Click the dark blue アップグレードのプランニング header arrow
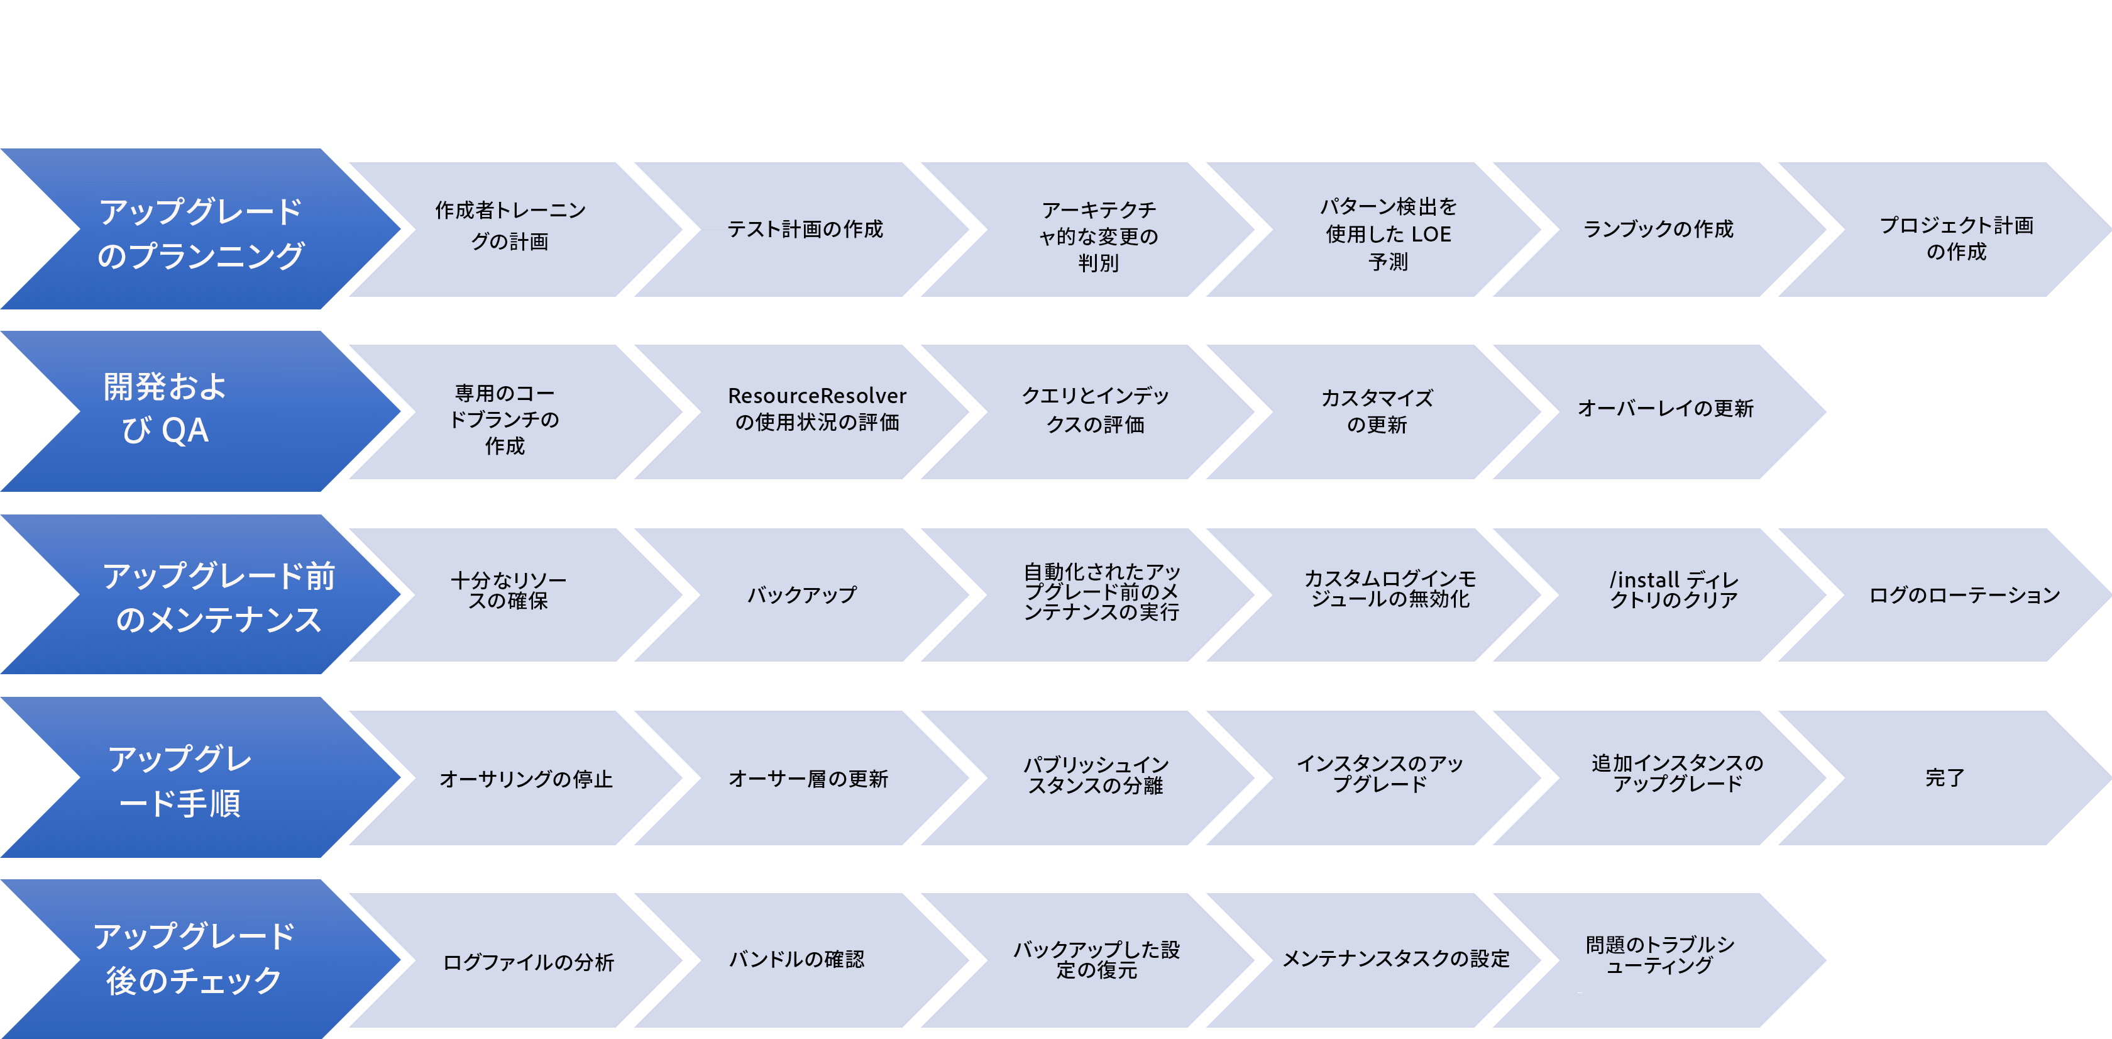(x=201, y=229)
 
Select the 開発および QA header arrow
(x=201, y=412)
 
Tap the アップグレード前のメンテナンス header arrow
(x=201, y=594)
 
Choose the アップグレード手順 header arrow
(x=201, y=777)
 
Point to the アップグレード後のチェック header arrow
(x=201, y=960)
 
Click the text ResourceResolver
(x=817, y=396)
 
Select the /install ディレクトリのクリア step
(x=1673, y=594)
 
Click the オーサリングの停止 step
(x=525, y=777)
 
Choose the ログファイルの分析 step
(x=525, y=960)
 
